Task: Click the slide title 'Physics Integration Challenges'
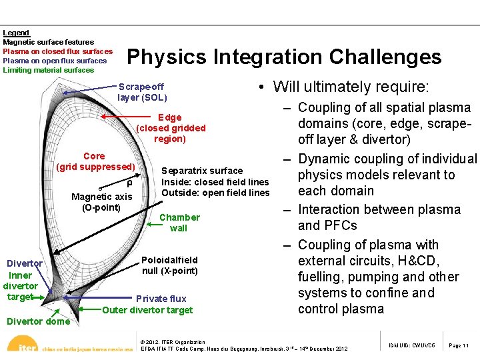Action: [x=284, y=57]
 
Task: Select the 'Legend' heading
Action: [x=16, y=33]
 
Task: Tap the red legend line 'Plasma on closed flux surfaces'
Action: [x=57, y=51]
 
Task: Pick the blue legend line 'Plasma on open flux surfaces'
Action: [x=55, y=61]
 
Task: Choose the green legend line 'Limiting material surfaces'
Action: [x=49, y=70]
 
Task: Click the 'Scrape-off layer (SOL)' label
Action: [x=141, y=92]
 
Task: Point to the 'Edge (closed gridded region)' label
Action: [x=171, y=128]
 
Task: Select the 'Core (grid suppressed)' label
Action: [x=95, y=161]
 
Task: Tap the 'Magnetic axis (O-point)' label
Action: [x=102, y=201]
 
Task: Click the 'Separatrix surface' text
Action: [x=202, y=171]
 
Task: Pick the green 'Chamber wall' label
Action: [x=179, y=223]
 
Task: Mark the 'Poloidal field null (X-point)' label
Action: [x=170, y=265]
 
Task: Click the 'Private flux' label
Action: [x=161, y=299]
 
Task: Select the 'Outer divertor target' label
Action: [x=147, y=310]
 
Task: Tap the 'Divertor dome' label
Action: [x=38, y=321]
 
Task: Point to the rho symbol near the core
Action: [x=129, y=183]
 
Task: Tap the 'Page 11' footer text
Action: [x=459, y=346]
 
